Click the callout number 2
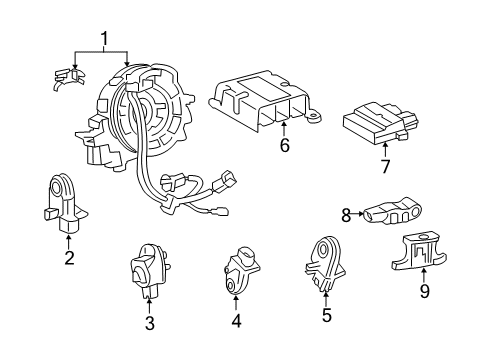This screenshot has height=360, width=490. pyautogui.click(x=69, y=258)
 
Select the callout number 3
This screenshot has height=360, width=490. pyautogui.click(x=149, y=322)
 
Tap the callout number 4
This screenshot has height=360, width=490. pyautogui.click(x=236, y=322)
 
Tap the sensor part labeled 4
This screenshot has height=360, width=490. pyautogui.click(x=235, y=273)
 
